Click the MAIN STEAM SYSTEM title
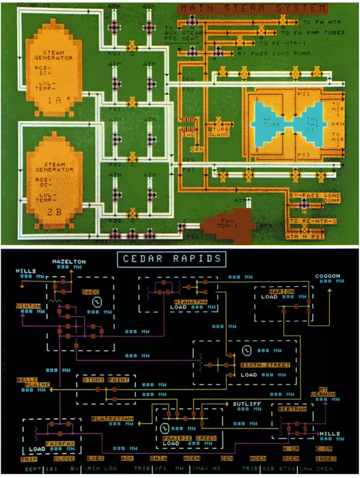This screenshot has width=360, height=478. coord(253,8)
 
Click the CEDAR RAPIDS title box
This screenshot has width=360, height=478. coord(180,260)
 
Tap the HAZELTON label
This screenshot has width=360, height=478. coord(70,263)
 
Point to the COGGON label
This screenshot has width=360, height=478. coord(328,276)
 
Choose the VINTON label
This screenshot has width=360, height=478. coord(28,306)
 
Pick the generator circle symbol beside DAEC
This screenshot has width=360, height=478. coord(94,303)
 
